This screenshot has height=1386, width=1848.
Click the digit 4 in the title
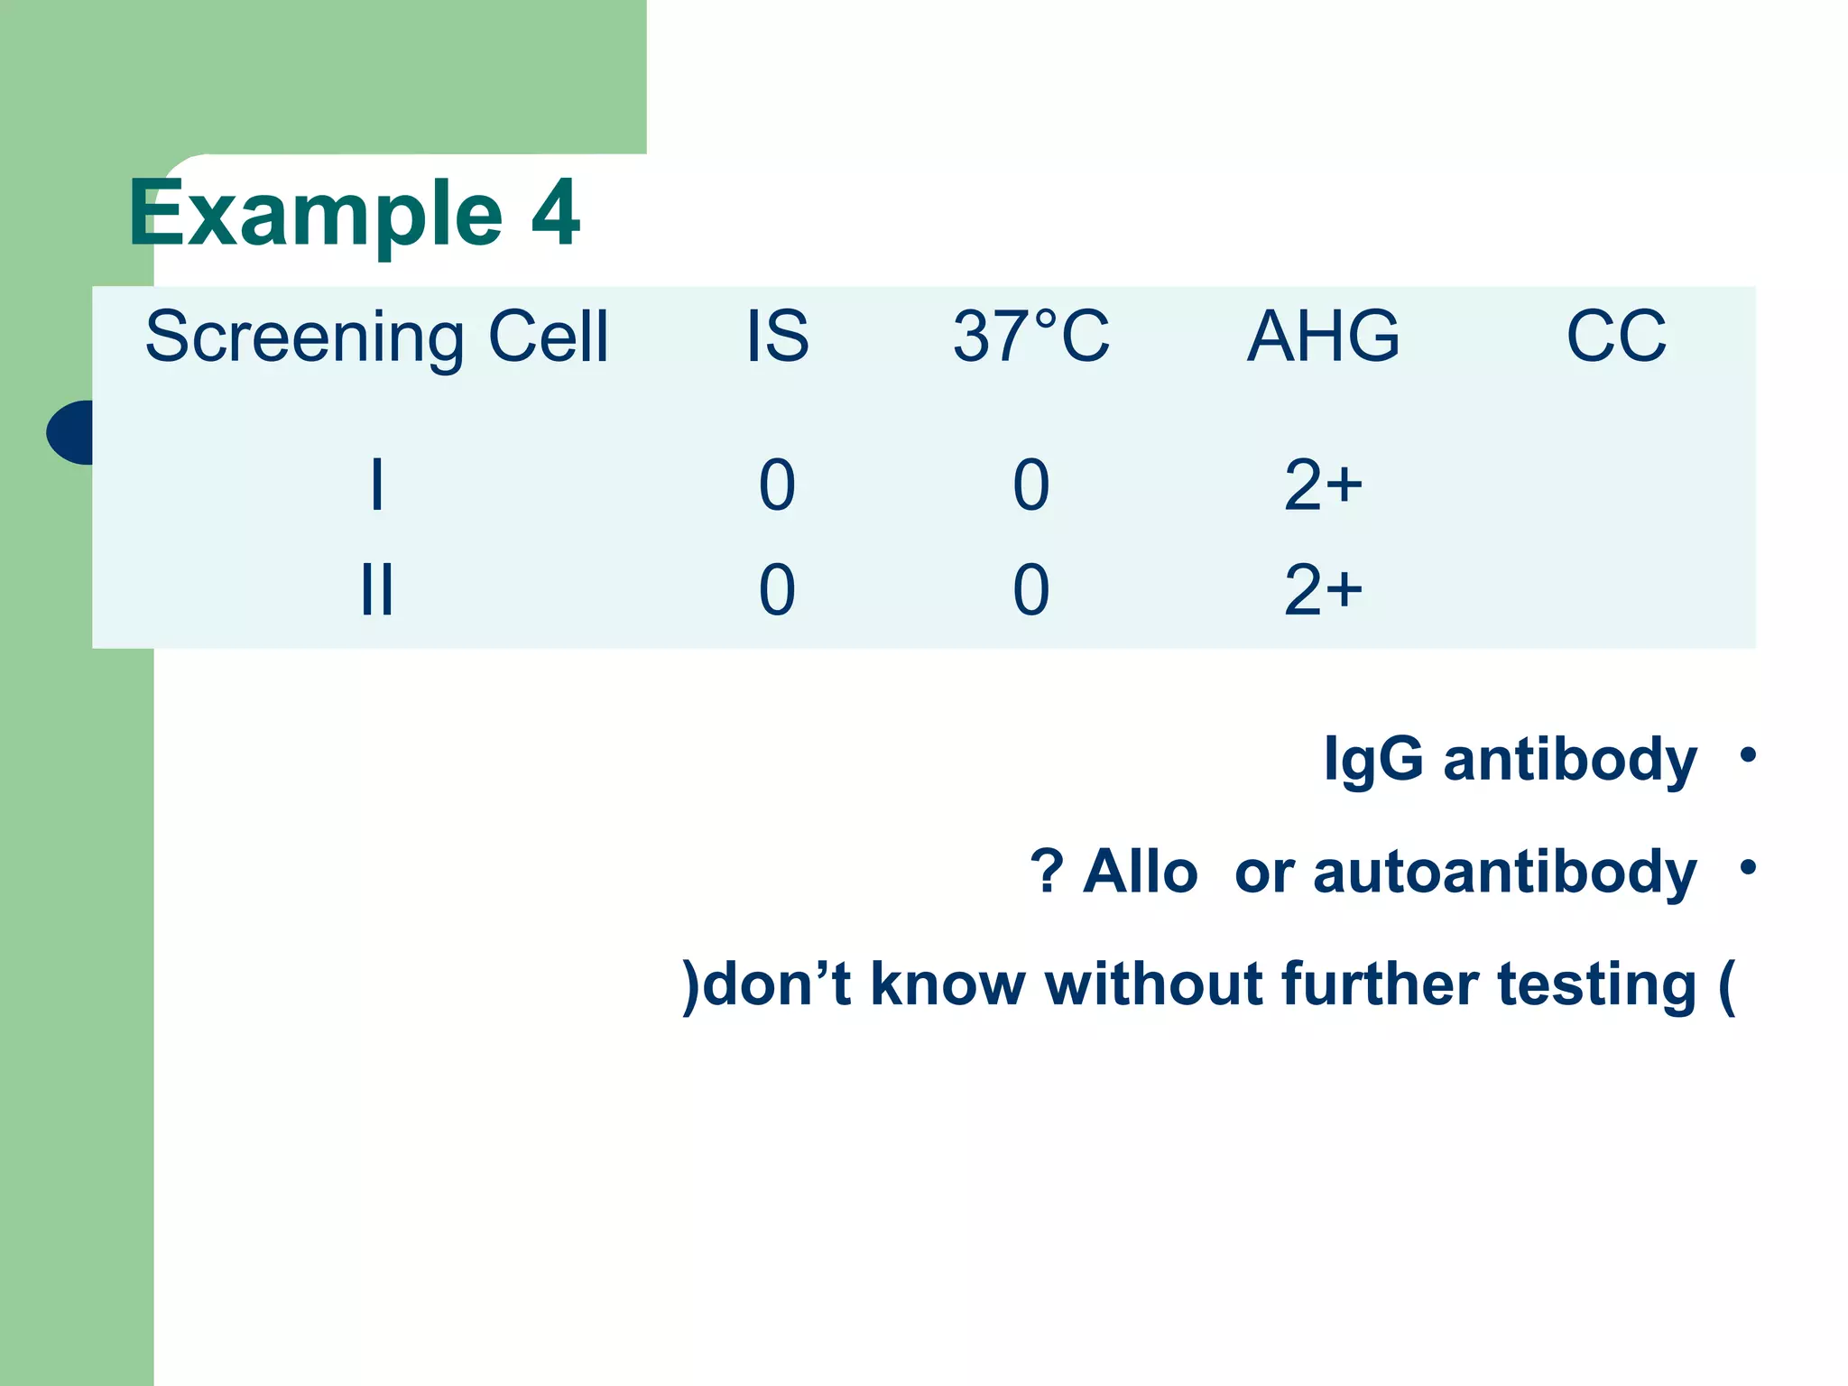coord(554,213)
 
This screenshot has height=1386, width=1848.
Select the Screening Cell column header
coord(377,337)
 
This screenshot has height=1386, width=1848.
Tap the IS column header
coord(777,337)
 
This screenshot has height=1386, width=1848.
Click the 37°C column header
coord(1030,337)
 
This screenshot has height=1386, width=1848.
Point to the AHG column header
coord(1323,337)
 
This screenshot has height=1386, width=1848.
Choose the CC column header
coord(1616,337)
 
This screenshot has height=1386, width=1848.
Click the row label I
coord(377,485)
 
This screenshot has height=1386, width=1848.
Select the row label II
coord(377,590)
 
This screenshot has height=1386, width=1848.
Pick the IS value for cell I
coord(777,485)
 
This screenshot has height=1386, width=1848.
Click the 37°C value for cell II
coord(1030,590)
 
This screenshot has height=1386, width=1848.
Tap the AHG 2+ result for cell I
coord(1323,485)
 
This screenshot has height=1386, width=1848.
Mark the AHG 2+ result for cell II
coord(1323,590)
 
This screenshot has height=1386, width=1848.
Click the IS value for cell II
coord(777,590)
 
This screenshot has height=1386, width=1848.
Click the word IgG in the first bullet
coord(1373,760)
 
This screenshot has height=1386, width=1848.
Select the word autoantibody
coord(1505,873)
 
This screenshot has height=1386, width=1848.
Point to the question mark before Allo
coord(1047,873)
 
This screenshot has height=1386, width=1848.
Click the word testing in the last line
coord(1597,984)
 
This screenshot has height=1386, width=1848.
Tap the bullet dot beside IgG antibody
coord(1748,754)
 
